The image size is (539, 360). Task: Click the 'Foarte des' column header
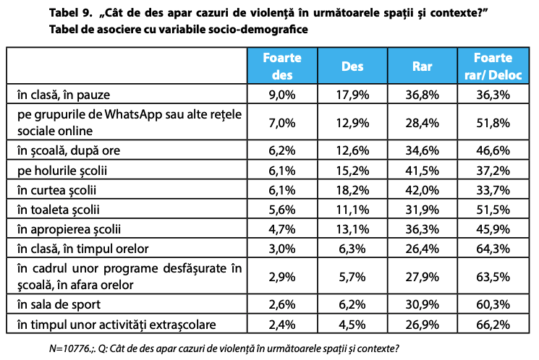tap(282, 66)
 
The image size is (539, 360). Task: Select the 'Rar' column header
tap(422, 66)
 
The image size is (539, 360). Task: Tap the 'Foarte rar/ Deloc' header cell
tap(493, 66)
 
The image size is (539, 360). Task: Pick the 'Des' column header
tap(352, 66)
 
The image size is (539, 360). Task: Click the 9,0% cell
tap(282, 94)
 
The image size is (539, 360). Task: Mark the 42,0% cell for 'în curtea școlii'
tap(422, 190)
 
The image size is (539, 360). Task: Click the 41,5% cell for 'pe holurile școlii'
tap(422, 171)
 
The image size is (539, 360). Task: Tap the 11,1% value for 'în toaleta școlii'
tap(352, 210)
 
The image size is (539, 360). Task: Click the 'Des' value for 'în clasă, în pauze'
tap(352, 94)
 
